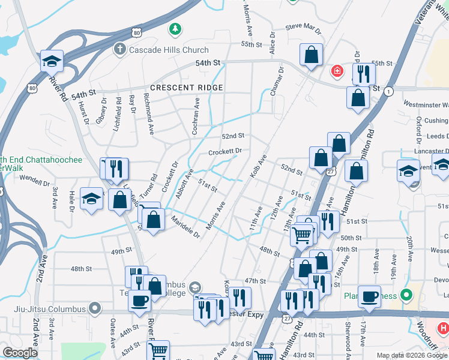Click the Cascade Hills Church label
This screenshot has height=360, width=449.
coord(169,50)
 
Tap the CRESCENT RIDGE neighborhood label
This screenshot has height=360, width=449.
coord(187,88)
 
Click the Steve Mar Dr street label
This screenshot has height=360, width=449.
coord(304,27)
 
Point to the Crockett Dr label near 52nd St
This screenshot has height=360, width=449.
coord(224,151)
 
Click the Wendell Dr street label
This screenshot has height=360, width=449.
coord(34,179)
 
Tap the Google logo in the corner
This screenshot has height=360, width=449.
coord(20,353)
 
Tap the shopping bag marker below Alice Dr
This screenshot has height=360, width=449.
coord(312,55)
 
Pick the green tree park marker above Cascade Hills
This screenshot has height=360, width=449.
coord(175,28)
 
